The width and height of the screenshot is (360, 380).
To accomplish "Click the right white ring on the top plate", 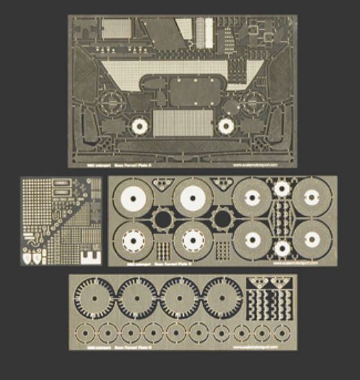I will tap(225, 126).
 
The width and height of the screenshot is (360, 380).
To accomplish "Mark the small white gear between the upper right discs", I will tap(281, 188).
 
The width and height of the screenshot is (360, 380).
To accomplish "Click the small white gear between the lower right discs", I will tap(281, 249).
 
